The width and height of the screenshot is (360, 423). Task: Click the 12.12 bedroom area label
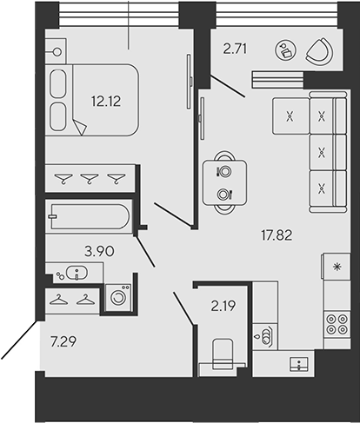(106, 102)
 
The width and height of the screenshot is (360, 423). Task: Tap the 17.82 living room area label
(277, 235)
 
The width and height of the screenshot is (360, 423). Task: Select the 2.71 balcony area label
(235, 49)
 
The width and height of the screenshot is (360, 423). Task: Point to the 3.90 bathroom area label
(99, 251)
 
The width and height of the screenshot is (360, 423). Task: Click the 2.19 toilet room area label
(223, 306)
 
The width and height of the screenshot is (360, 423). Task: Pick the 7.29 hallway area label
(63, 341)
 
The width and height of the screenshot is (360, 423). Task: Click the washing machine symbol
(118, 297)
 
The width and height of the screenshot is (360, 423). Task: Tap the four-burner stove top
(337, 324)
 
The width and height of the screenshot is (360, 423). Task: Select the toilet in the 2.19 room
(223, 354)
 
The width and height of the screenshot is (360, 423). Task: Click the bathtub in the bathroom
(90, 216)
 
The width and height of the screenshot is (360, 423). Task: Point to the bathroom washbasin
(77, 273)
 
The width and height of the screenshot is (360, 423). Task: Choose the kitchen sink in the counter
(299, 364)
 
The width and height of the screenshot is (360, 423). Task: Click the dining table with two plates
(224, 182)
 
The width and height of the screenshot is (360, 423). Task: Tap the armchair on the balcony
(319, 52)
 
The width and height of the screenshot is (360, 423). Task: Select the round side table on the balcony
(286, 50)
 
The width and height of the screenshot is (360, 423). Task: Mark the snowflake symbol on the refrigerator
(337, 267)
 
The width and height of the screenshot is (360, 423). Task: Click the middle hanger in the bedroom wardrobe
(90, 178)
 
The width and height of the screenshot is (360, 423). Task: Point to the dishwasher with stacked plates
(265, 336)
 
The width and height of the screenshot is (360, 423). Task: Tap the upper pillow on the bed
(57, 83)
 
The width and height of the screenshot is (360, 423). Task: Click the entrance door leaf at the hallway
(19, 340)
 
